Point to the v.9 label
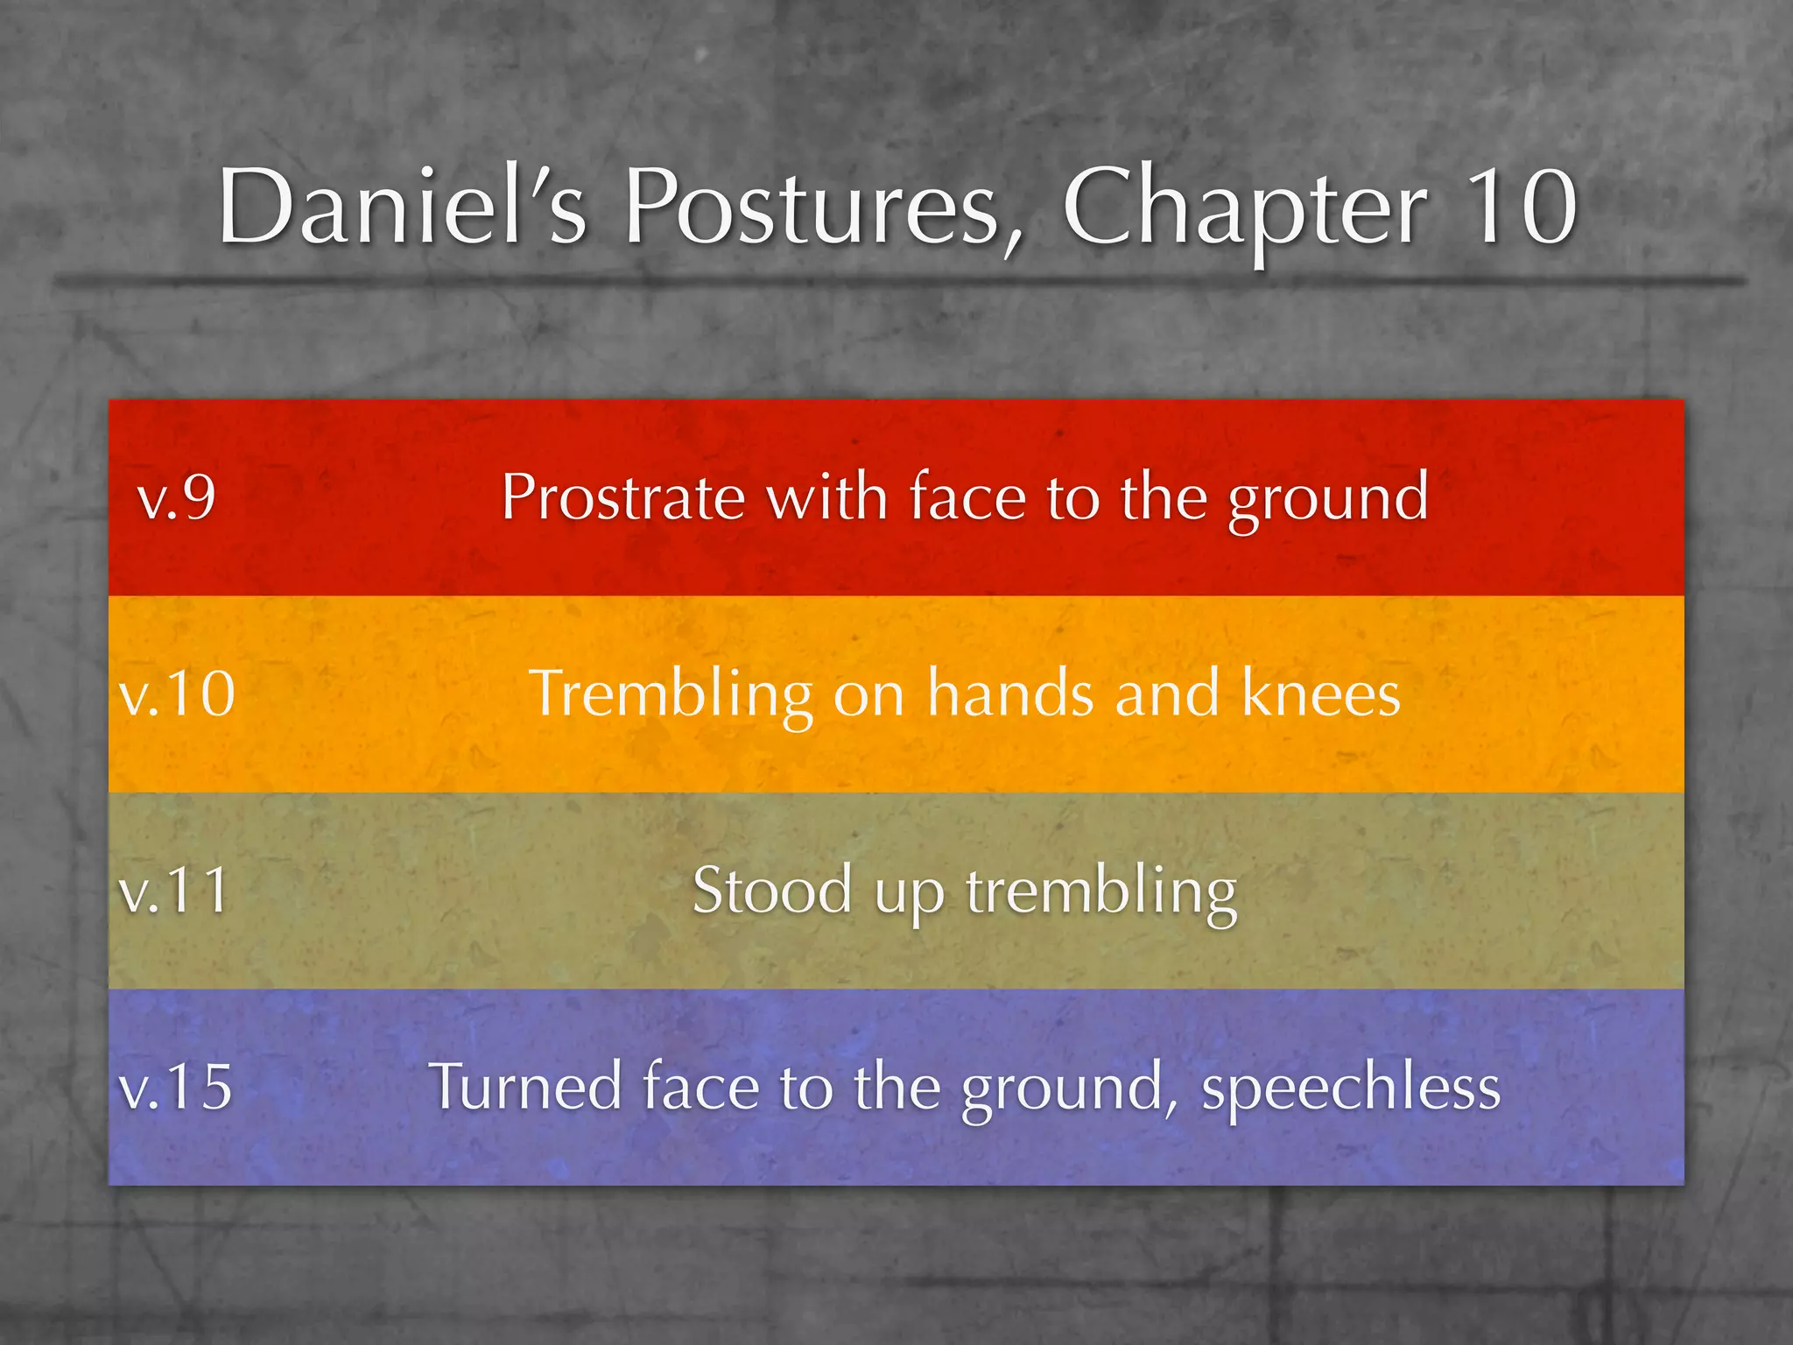point(177,497)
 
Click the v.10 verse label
point(178,694)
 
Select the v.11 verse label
point(175,891)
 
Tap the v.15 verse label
point(176,1087)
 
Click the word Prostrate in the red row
point(622,497)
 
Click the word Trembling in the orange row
point(671,694)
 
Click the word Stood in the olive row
point(772,891)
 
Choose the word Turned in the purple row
point(526,1087)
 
